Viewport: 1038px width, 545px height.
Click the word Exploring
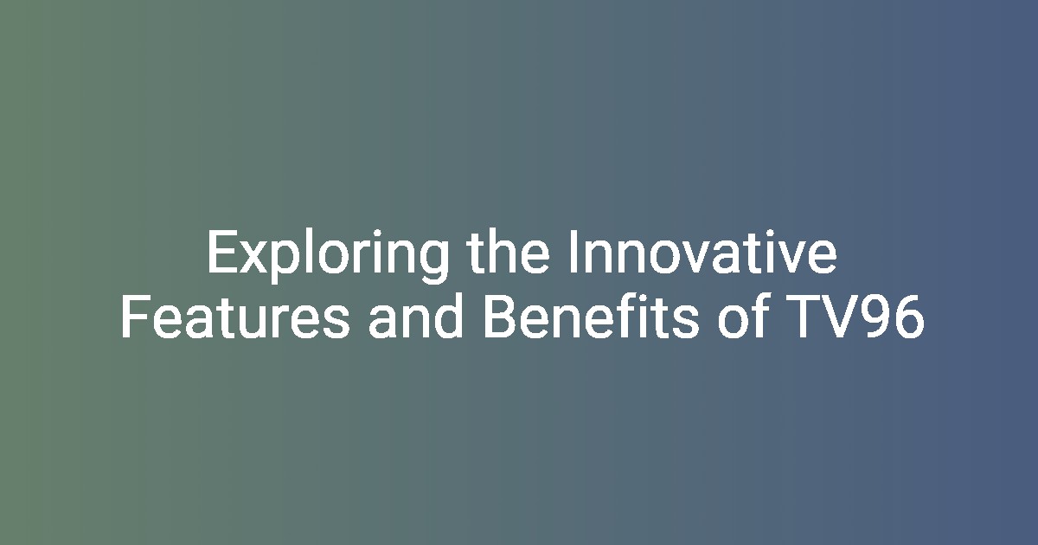[x=328, y=256]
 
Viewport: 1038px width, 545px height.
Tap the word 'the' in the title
[x=509, y=252]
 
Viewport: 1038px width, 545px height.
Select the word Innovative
[x=703, y=252]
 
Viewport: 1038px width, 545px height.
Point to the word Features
[x=235, y=317]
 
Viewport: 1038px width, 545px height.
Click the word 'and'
[x=416, y=317]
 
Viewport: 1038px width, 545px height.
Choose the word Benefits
[x=591, y=317]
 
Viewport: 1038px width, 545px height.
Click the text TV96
[x=855, y=317]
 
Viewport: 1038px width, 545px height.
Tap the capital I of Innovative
[x=573, y=252]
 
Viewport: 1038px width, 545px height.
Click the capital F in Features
[x=135, y=317]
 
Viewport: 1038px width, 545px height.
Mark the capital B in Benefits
[x=499, y=317]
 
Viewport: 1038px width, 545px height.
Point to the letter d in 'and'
[x=448, y=317]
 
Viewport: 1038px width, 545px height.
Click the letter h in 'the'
[x=499, y=251]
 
